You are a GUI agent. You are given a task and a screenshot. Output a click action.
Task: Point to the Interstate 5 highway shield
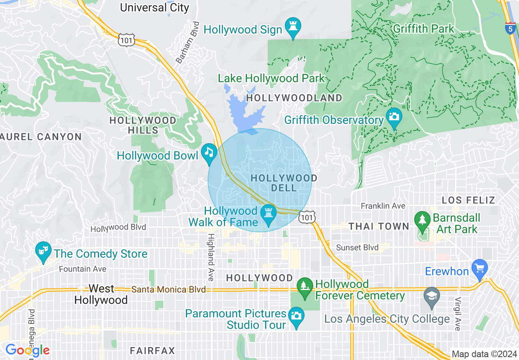point(510,29)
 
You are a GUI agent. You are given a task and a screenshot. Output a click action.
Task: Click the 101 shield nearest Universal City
point(125,40)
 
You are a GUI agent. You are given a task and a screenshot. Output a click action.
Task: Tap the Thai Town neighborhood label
point(379,226)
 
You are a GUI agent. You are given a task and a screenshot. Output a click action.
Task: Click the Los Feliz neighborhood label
point(469,200)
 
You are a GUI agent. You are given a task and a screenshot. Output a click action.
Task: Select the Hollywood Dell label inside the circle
point(284,183)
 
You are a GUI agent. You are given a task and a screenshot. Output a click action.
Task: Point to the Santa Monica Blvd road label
point(168,290)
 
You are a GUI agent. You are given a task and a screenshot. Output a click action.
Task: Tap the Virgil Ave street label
point(458,313)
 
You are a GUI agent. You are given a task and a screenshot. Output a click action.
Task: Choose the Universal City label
point(155,7)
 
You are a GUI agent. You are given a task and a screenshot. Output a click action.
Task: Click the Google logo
point(27,350)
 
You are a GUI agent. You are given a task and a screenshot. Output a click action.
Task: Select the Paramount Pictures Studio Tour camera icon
point(296,316)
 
